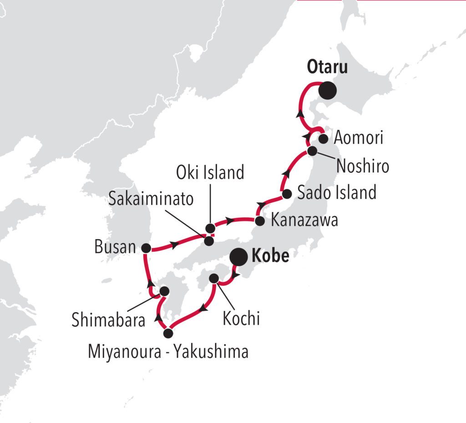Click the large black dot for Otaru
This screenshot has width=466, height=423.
pyautogui.click(x=327, y=90)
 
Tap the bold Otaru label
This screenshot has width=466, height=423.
pyautogui.click(x=327, y=67)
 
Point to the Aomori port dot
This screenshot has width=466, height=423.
pyautogui.click(x=323, y=138)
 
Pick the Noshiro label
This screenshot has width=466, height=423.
pyautogui.click(x=363, y=166)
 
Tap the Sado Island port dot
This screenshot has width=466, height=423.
pyautogui.click(x=287, y=194)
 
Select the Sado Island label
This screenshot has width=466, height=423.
pyautogui.click(x=337, y=193)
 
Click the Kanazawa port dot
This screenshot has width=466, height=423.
pyautogui.click(x=260, y=222)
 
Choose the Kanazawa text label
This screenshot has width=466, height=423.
pyautogui.click(x=304, y=221)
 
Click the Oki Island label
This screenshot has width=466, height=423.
pyautogui.click(x=211, y=173)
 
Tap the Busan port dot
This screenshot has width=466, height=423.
pyautogui.click(x=146, y=248)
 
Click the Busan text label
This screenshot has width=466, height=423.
pyautogui.click(x=115, y=248)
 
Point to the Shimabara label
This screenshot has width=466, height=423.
pyautogui.click(x=108, y=320)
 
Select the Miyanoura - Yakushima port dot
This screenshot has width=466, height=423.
pyautogui.click(x=168, y=333)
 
